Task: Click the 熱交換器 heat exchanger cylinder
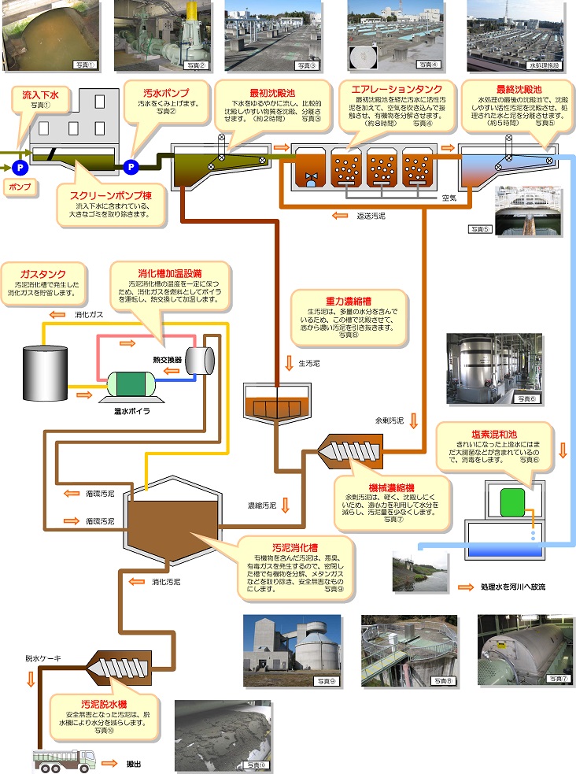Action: point(200,359)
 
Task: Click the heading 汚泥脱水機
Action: point(105,702)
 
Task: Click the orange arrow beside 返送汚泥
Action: point(339,214)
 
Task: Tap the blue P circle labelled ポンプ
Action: point(20,167)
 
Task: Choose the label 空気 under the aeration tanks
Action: point(450,198)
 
